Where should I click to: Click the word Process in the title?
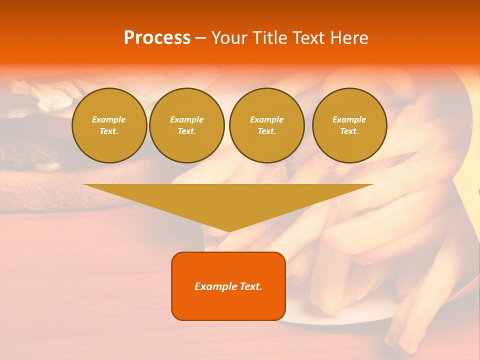(x=157, y=38)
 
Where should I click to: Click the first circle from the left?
(x=109, y=125)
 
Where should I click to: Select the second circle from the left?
(x=187, y=125)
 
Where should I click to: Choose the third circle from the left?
(x=267, y=125)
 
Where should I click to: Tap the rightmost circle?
(x=349, y=125)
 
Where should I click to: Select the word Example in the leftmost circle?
(x=109, y=120)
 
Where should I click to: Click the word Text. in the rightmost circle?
(x=349, y=131)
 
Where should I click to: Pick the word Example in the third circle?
(x=267, y=120)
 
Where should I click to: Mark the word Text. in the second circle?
(x=187, y=131)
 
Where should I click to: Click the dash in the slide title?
(x=201, y=38)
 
